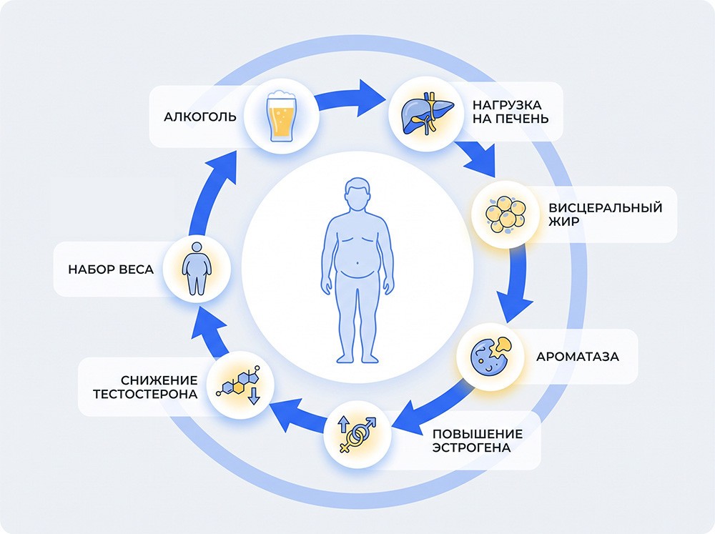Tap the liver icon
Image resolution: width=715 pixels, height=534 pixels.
427,113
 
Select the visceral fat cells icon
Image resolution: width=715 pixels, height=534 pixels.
506,214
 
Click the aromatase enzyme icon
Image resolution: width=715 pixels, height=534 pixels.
490,357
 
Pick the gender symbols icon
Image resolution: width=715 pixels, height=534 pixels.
357,434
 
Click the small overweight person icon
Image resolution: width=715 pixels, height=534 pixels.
197,269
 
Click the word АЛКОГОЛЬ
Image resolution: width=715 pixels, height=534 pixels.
200,117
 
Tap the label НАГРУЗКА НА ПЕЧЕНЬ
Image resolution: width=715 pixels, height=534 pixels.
511,112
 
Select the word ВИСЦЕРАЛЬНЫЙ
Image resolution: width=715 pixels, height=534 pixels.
605,208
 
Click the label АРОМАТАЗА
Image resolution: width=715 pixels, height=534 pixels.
577,357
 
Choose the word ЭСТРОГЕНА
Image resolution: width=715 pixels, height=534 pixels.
471,448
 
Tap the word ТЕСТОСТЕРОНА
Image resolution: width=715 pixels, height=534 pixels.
145,395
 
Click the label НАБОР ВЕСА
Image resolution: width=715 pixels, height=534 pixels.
111,270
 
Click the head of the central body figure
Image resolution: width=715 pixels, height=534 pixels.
357,193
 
